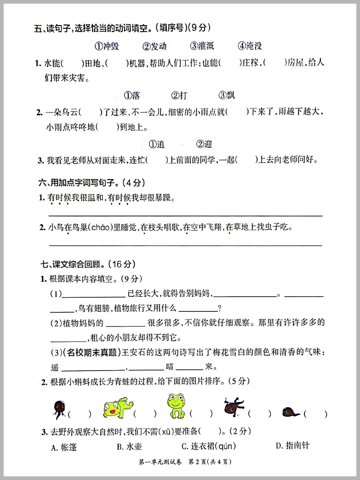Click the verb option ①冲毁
pos(107,46)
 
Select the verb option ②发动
pos(154,46)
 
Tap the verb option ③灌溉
pos(202,46)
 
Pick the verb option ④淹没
pos(250,46)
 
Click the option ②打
pos(179,95)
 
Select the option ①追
pos(157,145)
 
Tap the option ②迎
pos(204,145)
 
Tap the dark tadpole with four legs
pos(233,405)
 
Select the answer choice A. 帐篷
pos(64,448)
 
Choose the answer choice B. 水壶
pos(129,447)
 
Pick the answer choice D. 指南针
pos(292,445)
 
